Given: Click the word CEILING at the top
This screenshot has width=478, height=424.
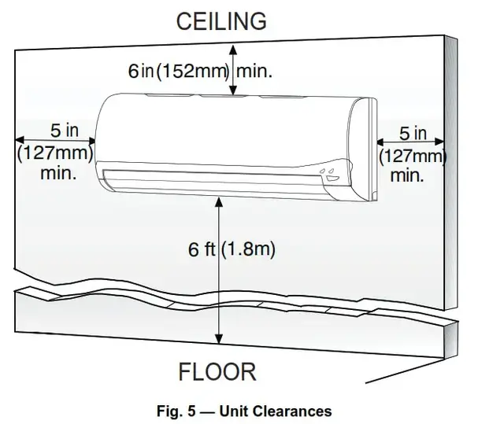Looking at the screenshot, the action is (221, 21).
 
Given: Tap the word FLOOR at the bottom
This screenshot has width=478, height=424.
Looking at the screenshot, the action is (217, 371).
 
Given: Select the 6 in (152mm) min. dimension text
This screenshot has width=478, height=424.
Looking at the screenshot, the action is (200, 71).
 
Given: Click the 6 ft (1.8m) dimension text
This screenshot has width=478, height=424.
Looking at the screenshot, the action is (232, 249).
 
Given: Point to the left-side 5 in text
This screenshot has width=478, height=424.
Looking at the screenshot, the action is (65, 131).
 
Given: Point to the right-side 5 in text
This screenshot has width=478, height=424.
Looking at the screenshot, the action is (413, 133).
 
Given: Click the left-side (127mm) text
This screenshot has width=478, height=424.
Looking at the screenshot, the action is (55, 153).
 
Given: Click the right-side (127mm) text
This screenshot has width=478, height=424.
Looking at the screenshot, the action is (413, 157).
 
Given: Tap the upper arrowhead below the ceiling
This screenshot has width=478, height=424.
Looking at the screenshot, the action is (233, 50).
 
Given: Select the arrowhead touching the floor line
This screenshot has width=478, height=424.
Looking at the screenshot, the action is (219, 339).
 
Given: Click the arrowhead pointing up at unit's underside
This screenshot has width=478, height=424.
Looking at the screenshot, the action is (219, 202).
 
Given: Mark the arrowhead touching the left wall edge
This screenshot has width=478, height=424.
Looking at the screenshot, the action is (20, 140).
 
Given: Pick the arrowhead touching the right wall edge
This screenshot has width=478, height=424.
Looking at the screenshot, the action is (439, 142).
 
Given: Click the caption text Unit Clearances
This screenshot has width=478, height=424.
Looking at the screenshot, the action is (276, 411).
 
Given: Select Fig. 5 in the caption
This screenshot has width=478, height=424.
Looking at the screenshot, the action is (176, 411).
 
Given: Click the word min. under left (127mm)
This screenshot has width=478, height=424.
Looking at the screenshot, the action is (58, 173).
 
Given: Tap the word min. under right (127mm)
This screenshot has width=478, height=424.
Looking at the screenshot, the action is (407, 175).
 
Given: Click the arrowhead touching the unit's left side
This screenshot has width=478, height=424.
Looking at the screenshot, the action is (91, 141).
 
